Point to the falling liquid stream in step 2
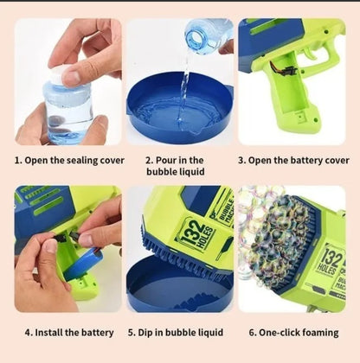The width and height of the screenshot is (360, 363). click(183, 82)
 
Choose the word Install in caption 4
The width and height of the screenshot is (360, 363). click(52, 332)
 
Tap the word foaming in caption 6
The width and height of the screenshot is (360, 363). click(324, 332)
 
